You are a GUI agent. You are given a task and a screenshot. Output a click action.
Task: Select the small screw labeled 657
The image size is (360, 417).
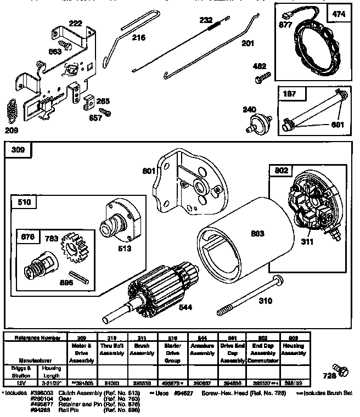[108, 112]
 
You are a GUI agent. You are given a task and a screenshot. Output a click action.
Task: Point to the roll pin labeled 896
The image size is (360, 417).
[77, 278]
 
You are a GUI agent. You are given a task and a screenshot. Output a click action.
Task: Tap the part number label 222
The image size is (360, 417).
[75, 24]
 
